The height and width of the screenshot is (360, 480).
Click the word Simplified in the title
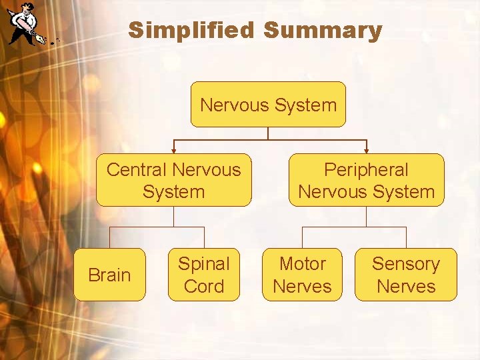[192, 31]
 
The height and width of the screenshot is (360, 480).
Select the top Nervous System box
[268, 105]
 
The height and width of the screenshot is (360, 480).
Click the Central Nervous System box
[174, 181]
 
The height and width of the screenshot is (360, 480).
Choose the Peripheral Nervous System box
[366, 181]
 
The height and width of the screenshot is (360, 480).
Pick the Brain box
[109, 275]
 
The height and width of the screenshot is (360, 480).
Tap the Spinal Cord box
[203, 275]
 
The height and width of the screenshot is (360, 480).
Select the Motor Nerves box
[302, 275]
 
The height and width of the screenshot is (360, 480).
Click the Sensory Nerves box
[405, 275]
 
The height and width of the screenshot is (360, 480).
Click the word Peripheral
[366, 170]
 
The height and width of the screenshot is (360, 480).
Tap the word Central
[137, 169]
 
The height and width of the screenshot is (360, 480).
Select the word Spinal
[203, 264]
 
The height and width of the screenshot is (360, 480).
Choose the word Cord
[203, 287]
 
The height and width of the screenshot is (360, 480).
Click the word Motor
[302, 264]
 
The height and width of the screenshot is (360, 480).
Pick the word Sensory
[405, 264]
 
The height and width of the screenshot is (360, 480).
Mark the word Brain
[109, 275]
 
